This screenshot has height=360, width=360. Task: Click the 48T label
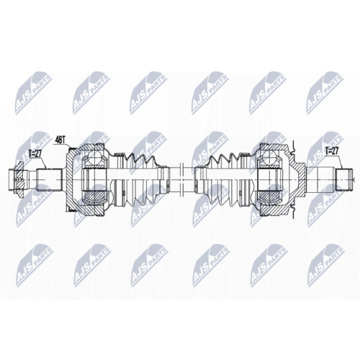tap(60, 140)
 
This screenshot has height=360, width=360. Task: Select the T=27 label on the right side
tap(333, 151)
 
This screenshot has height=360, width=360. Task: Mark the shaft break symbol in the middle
tap(181, 179)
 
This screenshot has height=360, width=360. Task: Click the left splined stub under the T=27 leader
tap(49, 179)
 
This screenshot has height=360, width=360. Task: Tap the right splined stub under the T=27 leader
tap(345, 179)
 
